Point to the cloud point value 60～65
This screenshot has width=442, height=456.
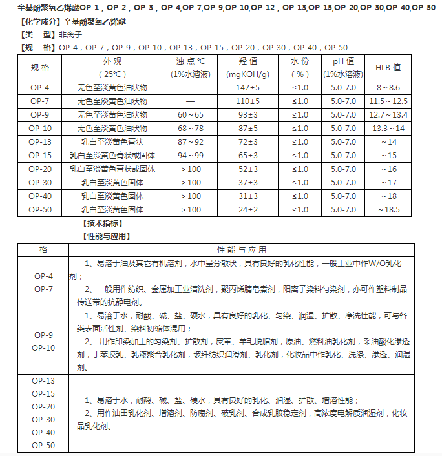[190, 114]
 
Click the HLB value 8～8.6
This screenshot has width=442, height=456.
[388, 87]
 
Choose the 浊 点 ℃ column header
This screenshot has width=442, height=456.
[190, 62]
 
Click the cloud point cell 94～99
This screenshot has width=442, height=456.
[190, 155]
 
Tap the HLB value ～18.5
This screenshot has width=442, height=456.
[388, 209]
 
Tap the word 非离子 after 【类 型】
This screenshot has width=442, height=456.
[70, 35]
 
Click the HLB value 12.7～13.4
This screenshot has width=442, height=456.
[388, 114]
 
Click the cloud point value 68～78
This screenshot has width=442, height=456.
[190, 128]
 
